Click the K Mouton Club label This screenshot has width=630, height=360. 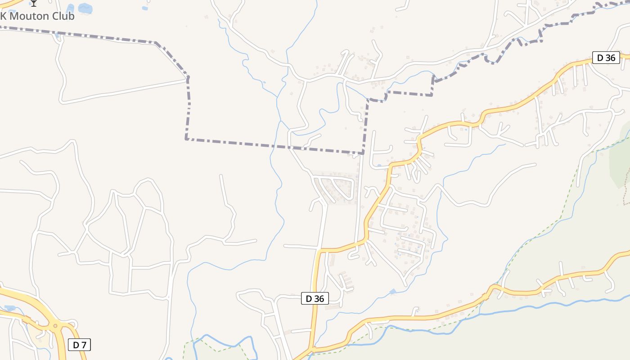[x=37, y=16]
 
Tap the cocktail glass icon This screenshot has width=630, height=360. [x=34, y=3]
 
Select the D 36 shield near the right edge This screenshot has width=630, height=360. [x=606, y=58]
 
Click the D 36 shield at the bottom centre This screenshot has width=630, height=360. [x=315, y=298]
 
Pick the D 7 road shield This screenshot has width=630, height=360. [x=80, y=345]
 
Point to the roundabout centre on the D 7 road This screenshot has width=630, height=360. [x=55, y=325]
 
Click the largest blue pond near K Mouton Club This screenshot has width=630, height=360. [x=85, y=8]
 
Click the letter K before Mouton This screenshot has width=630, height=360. [x=3, y=16]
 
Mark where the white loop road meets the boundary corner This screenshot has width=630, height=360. [x=188, y=78]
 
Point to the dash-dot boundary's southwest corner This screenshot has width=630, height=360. [x=186, y=139]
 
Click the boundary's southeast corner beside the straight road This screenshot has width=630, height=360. [x=363, y=153]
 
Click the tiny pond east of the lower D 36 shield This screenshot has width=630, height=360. [x=393, y=292]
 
